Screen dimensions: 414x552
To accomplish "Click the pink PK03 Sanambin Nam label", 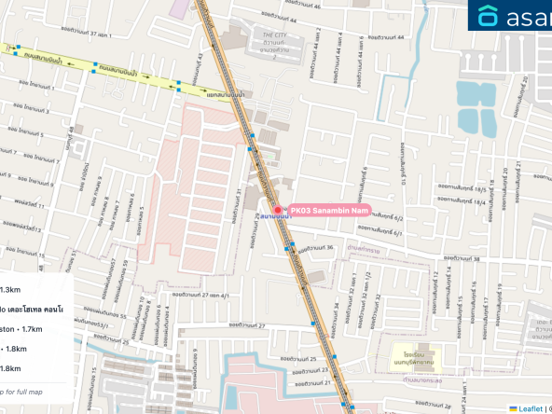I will [x=328, y=210].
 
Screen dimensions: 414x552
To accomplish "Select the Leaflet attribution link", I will [x=531, y=408].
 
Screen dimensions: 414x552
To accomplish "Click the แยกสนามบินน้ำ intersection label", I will [x=227, y=94].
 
